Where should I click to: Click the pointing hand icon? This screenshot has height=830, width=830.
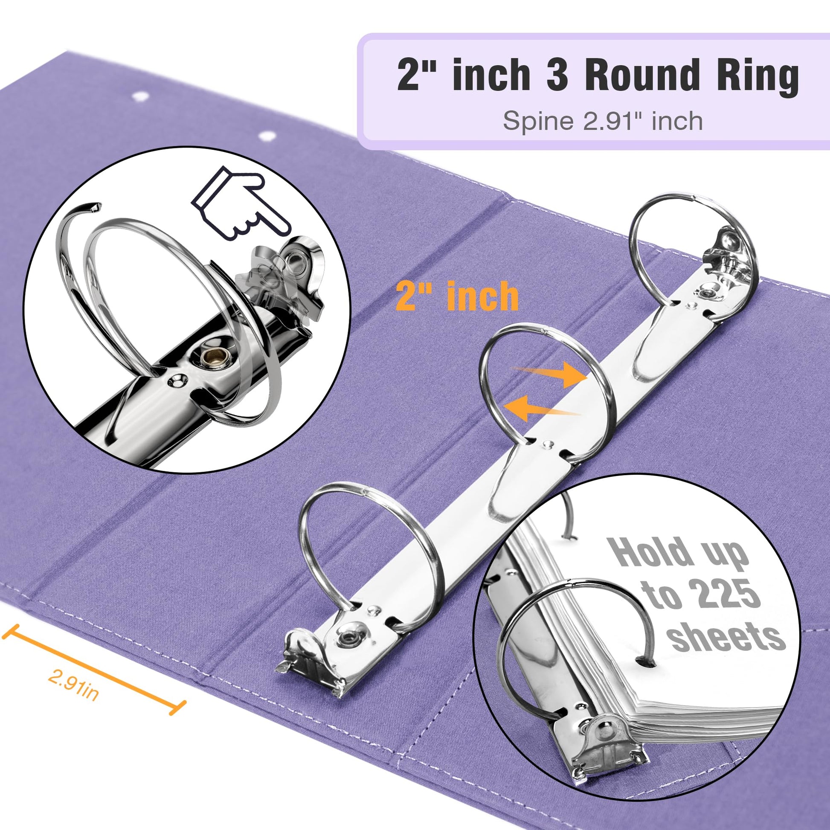click(241, 202)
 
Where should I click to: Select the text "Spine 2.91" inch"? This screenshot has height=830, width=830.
click(603, 121)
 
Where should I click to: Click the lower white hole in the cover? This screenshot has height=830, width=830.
click(267, 136)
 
